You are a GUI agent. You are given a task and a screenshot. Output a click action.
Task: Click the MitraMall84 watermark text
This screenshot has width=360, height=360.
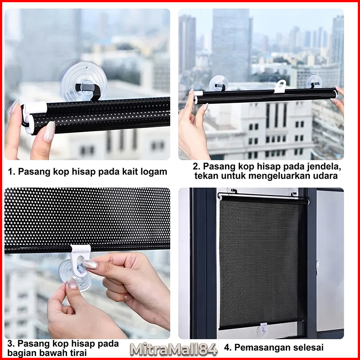tap(174, 349)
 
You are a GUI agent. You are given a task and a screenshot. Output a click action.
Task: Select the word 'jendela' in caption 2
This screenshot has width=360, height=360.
tap(323, 167)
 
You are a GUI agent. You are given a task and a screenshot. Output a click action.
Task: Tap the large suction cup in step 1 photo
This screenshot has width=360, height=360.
tap(84, 81)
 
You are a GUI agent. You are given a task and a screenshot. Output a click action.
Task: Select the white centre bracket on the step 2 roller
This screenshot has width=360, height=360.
tap(280, 86)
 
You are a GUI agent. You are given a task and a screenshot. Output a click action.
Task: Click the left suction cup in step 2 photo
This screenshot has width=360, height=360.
tap(218, 83)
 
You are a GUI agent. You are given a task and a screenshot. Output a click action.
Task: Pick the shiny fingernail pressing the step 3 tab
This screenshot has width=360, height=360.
tap(90, 265)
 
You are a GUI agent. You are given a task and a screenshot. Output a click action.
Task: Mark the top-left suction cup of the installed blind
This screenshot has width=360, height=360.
tap(232, 191)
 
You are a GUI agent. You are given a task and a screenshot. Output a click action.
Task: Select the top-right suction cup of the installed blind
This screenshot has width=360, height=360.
tap(293, 192)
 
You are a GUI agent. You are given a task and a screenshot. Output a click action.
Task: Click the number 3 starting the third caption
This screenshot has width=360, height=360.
tap(10, 344)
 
